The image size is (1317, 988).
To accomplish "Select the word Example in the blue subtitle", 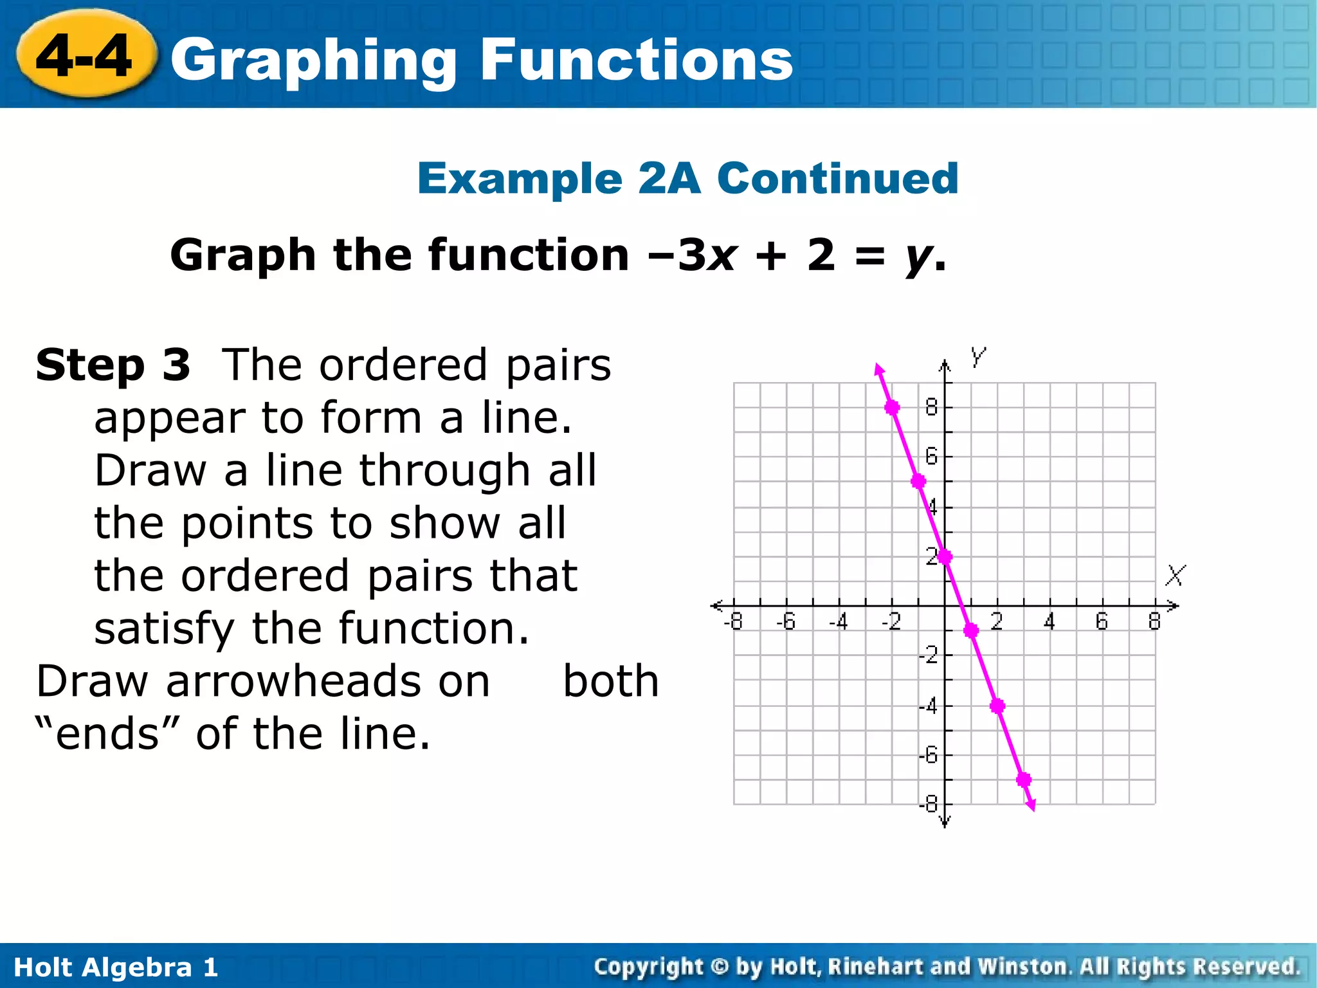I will click(520, 178).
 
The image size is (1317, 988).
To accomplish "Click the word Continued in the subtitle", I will click(837, 178).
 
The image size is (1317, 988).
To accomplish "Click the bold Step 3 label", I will click(113, 365).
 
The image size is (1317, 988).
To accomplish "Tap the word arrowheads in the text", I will click(328, 681).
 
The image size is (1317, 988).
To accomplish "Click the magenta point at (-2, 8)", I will click(892, 407).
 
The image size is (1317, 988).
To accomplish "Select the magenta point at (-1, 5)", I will click(918, 481).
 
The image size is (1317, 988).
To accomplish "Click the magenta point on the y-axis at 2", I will click(945, 556).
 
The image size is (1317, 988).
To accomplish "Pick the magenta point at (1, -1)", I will click(971, 630).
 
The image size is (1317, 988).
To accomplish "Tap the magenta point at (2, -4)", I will click(997, 706).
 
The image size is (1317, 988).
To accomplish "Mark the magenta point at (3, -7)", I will click(1024, 780).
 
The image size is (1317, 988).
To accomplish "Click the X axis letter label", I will click(1176, 575).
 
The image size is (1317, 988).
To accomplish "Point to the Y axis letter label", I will click(978, 356).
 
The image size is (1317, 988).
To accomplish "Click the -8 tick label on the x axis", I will click(732, 622).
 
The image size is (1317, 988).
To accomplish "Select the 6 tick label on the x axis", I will click(1102, 621).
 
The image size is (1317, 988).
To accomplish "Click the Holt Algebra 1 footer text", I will click(116, 967).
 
